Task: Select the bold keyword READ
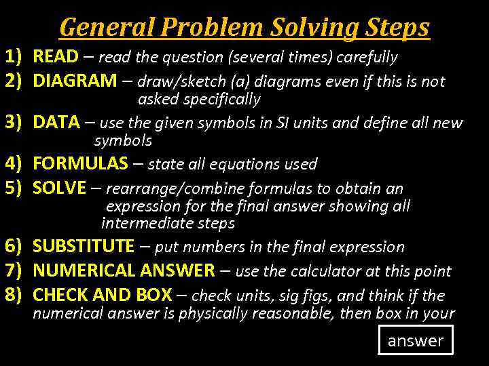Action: click(56, 56)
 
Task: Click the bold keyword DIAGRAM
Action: click(75, 81)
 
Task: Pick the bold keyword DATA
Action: click(56, 123)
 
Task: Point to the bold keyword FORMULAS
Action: click(80, 163)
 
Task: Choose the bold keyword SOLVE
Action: click(60, 188)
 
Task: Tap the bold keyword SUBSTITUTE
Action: click(84, 247)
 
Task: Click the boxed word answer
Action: click(415, 340)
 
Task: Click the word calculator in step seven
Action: click(325, 272)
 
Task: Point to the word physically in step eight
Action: click(212, 314)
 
